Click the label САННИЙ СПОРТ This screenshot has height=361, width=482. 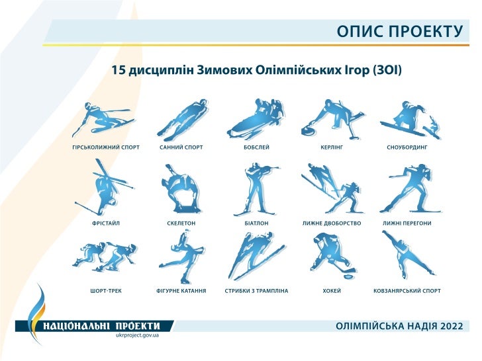click(181, 147)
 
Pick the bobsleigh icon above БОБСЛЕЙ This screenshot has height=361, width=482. click(256, 118)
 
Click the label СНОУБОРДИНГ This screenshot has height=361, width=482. click(407, 147)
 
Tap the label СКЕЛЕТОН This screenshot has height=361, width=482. click(181, 223)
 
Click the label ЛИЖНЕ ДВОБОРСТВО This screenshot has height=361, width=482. click(332, 223)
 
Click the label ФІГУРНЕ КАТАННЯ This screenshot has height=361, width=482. click(181, 290)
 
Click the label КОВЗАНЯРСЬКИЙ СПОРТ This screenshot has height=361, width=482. click(407, 290)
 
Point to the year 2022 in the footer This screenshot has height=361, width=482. click(450, 326)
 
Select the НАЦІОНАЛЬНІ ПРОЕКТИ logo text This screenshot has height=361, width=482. click(102, 325)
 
